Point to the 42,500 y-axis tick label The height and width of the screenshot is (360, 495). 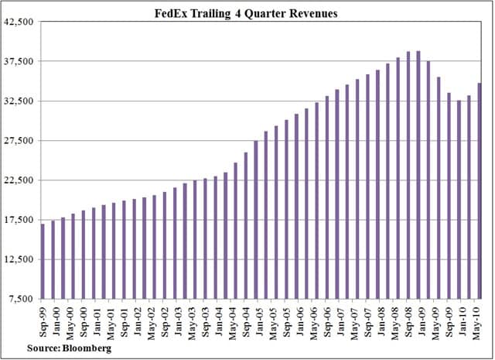tap(18, 22)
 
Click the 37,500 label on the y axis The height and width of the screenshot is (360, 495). tap(18, 62)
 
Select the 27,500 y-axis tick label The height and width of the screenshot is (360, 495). tap(18, 141)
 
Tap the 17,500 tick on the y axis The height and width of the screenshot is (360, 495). tap(18, 220)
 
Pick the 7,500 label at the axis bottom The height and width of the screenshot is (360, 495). tap(20, 299)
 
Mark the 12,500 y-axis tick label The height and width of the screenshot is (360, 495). tap(18, 259)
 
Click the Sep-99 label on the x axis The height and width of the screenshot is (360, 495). tap(43, 321)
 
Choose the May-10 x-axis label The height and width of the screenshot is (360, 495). tap(480, 321)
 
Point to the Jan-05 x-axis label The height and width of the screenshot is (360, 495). tap(256, 321)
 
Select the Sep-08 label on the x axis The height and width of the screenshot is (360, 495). tap(408, 321)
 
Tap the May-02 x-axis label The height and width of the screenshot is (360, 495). tap(154, 321)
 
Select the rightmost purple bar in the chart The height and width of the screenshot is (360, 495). tap(480, 190)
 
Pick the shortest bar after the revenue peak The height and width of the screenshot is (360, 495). tap(459, 199)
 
